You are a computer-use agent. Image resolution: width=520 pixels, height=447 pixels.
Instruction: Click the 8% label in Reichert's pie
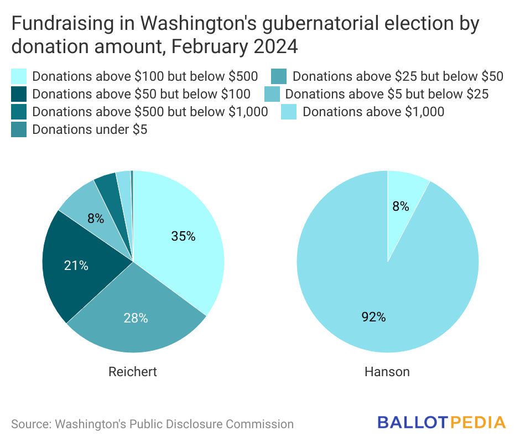click(x=96, y=218)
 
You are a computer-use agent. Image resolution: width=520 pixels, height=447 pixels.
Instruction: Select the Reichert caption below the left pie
click(x=133, y=372)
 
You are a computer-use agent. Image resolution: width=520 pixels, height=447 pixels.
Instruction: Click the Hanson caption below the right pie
click(x=387, y=372)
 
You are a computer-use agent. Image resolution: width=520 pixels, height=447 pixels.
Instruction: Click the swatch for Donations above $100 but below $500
click(x=19, y=76)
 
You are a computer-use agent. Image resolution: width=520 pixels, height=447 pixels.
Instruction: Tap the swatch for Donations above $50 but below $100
click(x=19, y=93)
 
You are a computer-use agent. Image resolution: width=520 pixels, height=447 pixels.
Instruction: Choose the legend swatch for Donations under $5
click(x=19, y=129)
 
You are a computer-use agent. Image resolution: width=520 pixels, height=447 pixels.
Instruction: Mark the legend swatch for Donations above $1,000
click(x=289, y=112)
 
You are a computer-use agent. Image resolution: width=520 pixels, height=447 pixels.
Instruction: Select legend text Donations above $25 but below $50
click(x=398, y=76)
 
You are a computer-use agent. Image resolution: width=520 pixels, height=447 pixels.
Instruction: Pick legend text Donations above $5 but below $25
click(x=387, y=94)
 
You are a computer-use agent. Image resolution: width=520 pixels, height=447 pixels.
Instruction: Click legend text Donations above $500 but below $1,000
click(x=150, y=112)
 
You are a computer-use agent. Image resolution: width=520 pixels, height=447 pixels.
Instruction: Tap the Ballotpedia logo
click(x=441, y=423)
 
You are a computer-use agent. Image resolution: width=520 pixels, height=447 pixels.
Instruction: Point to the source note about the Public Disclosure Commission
click(x=152, y=424)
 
